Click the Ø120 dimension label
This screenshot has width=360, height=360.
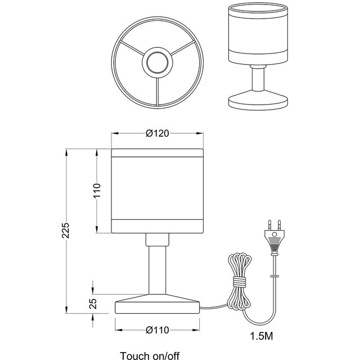coord(157,134)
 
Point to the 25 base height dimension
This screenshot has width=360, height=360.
coord(94,303)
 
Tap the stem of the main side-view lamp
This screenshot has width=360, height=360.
coord(157,270)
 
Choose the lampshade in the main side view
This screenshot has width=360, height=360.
coord(157,191)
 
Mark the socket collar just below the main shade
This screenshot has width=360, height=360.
coord(157,240)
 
